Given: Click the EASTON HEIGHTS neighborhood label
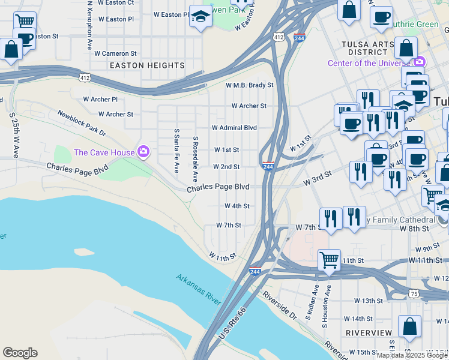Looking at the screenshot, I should click(147, 65).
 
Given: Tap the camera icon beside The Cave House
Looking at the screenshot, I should click(143, 151).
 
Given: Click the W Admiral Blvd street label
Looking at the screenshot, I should click(234, 128).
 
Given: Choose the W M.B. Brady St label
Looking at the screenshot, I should click(249, 86).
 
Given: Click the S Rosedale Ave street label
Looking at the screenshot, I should click(195, 159).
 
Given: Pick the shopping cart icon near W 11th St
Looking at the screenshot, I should click(329, 260).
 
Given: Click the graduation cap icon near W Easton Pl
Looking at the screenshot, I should click(200, 16).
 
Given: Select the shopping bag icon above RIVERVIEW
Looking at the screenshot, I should click(409, 327).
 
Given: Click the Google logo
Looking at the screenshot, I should click(20, 352).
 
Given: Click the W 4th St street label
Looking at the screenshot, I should click(237, 206).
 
